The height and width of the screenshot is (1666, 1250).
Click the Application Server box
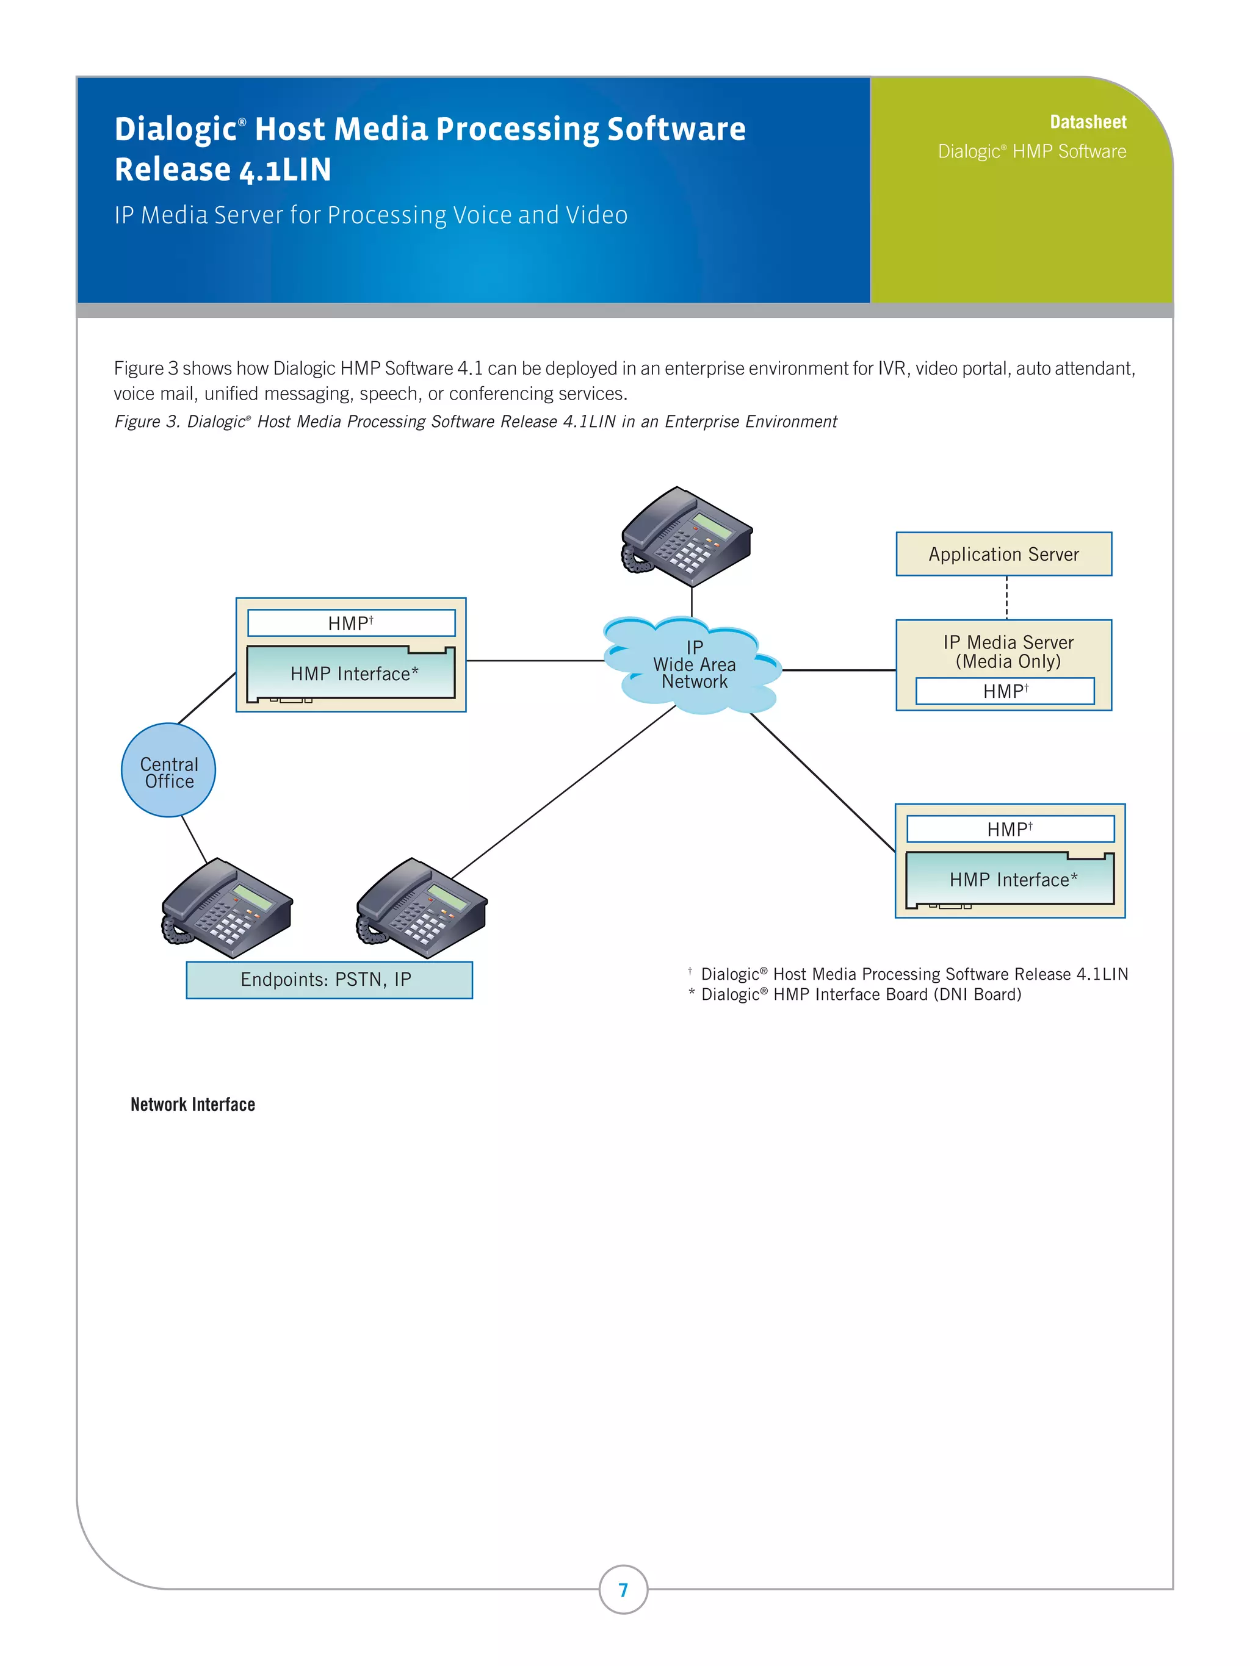click(1003, 555)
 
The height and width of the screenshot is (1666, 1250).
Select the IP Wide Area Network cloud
click(693, 665)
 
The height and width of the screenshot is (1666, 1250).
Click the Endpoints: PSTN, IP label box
click(328, 980)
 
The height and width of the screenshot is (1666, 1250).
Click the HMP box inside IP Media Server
click(1005, 691)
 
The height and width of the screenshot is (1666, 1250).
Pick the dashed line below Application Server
click(1006, 597)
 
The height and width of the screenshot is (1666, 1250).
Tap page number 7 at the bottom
click(623, 1589)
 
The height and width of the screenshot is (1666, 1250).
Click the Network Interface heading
click(193, 1104)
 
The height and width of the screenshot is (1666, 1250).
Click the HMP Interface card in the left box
click(351, 673)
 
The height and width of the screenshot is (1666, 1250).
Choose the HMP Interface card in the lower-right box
click(1010, 879)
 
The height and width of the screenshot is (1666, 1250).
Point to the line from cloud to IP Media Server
click(838, 670)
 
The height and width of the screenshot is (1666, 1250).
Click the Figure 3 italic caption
click(475, 422)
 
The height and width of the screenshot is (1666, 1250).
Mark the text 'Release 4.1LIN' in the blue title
click(223, 170)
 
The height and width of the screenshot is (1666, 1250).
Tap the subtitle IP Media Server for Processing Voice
click(370, 215)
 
